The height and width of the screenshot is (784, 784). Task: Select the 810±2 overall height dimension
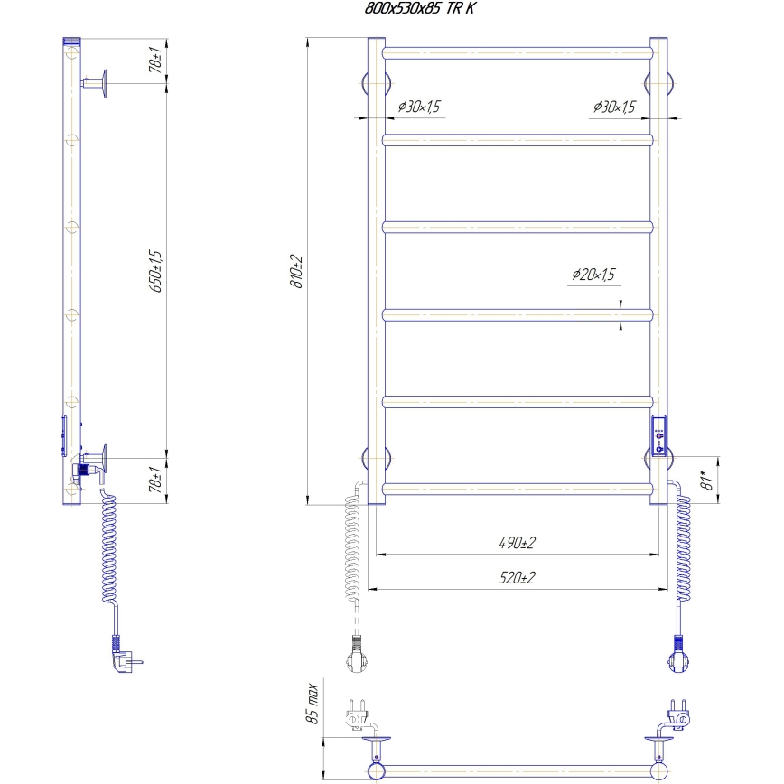click(295, 271)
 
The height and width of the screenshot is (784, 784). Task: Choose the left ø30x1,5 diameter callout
click(418, 107)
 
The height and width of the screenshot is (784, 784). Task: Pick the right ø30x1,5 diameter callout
click(614, 107)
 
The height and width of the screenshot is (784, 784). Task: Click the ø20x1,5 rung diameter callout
click(593, 275)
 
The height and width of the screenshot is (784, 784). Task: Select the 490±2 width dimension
click(517, 543)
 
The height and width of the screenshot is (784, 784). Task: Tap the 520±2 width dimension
click(517, 578)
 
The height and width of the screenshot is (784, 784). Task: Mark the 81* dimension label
click(709, 476)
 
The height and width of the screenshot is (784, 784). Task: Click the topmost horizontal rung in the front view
click(517, 53)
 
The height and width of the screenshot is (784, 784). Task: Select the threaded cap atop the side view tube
click(72, 42)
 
